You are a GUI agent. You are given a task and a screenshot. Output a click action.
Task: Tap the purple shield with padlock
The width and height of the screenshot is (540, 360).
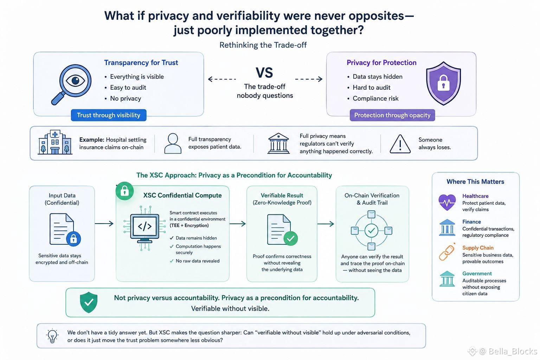point(443,83)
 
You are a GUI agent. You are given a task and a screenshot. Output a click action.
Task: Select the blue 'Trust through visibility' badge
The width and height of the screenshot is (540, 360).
point(109,115)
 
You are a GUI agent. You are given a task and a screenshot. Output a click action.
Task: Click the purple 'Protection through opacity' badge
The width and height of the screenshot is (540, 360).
point(392,115)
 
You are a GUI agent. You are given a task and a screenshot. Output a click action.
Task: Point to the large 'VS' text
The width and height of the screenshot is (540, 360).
point(264,72)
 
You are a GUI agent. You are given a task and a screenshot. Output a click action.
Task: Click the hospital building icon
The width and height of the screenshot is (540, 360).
point(55,142)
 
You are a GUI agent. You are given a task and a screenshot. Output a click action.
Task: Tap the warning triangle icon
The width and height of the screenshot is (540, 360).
point(400,144)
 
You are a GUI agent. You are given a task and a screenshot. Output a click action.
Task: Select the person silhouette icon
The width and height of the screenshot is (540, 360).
point(173,143)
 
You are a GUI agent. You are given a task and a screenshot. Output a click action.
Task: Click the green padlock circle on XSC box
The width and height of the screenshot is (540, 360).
point(125,191)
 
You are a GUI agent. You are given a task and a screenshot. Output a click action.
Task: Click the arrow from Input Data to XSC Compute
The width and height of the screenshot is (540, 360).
point(104,224)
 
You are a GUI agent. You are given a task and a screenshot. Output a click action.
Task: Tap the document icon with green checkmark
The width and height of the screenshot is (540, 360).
point(282,230)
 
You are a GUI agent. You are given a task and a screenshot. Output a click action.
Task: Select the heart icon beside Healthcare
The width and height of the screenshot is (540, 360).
point(447,202)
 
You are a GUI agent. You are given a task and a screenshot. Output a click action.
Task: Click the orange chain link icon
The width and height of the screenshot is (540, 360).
point(447,252)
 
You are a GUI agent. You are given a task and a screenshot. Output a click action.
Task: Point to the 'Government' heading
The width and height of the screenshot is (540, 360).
point(477,274)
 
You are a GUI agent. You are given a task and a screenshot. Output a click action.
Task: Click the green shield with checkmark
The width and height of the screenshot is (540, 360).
point(89,302)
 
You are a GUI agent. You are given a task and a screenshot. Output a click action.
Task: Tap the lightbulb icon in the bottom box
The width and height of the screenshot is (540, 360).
point(52,336)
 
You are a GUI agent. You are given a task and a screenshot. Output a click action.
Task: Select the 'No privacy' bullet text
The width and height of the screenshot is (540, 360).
point(126,98)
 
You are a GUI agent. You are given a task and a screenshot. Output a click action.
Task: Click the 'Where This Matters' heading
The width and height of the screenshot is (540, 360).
point(475,181)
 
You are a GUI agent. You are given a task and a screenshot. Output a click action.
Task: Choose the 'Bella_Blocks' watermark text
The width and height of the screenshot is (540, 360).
point(513,351)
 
